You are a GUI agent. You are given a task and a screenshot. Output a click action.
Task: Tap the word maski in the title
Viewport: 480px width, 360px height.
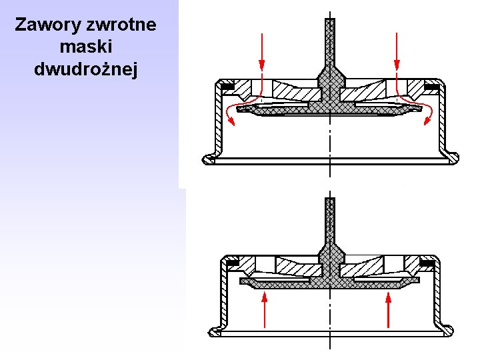tap(85, 47)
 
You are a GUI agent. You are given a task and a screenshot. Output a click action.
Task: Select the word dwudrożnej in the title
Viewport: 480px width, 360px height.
tap(85, 69)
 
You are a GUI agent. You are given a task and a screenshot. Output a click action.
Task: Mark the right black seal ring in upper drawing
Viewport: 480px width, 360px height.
tap(432, 87)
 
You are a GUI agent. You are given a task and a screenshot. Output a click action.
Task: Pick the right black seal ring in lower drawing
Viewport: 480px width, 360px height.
tap(427, 263)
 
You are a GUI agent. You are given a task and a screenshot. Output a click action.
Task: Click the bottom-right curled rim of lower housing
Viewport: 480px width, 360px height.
tap(447, 331)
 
